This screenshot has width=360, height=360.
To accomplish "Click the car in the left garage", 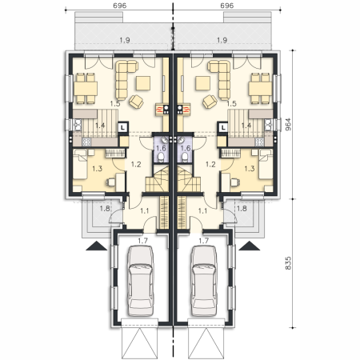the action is [141, 281].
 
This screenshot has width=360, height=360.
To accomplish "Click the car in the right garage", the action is [204, 281].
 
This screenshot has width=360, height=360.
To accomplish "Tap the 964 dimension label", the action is [288, 124].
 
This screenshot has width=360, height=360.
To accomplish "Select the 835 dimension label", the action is [288, 263].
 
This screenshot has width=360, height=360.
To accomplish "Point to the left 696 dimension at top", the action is [120, 6].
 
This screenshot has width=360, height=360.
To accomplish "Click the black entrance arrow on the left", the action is [96, 246].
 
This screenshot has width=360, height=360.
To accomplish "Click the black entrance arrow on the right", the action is [250, 246].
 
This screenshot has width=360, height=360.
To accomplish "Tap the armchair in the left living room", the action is [137, 102].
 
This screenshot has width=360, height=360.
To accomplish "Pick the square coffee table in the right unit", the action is [202, 83].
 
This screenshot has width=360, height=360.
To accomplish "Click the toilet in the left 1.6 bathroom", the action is [161, 158].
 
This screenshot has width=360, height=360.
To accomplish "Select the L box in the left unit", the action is [122, 127].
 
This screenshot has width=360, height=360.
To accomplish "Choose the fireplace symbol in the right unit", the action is [183, 110].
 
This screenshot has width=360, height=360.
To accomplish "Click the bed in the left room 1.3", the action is [80, 164].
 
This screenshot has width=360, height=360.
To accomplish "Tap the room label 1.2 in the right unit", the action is [210, 164].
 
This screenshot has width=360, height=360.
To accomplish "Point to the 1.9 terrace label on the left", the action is [125, 40].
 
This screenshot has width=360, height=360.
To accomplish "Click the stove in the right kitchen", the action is [259, 142].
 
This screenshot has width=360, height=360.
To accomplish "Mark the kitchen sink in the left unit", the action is [78, 125].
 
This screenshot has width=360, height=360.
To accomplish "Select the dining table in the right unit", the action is [261, 89].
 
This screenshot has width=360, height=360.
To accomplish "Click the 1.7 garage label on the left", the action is [142, 241].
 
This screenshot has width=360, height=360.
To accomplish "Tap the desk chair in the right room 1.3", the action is [235, 182].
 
